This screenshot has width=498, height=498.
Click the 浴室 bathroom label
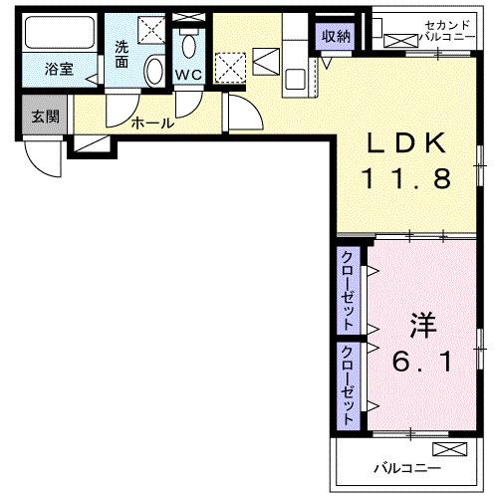coord(60,71)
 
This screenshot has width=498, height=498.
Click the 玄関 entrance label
coord(44,117)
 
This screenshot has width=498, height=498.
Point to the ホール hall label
coord(152,124)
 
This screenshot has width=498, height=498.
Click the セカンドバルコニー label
coord(425,29)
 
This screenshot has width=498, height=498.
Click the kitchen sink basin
coord(296,76)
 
